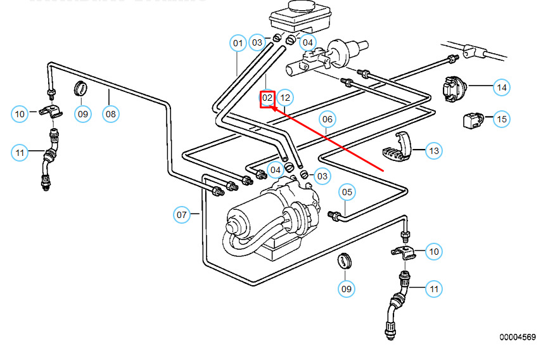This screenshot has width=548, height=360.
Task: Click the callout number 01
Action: pyautogui.click(x=238, y=44)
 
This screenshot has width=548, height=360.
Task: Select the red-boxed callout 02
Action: pyautogui.click(x=267, y=98)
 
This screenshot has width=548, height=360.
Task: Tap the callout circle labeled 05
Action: pyautogui.click(x=347, y=192)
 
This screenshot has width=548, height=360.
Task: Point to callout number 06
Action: pyautogui.click(x=327, y=119)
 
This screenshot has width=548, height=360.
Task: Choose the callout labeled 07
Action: pyautogui.click(x=182, y=215)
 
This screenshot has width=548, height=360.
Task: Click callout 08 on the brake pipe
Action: pyautogui.click(x=111, y=114)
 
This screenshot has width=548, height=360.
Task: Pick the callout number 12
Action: pyautogui.click(x=285, y=98)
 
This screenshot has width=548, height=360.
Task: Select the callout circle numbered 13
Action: pyautogui.click(x=433, y=151)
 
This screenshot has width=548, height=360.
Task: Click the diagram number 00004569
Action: pyautogui.click(x=517, y=337)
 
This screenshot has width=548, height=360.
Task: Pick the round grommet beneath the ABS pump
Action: pyautogui.click(x=345, y=260)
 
